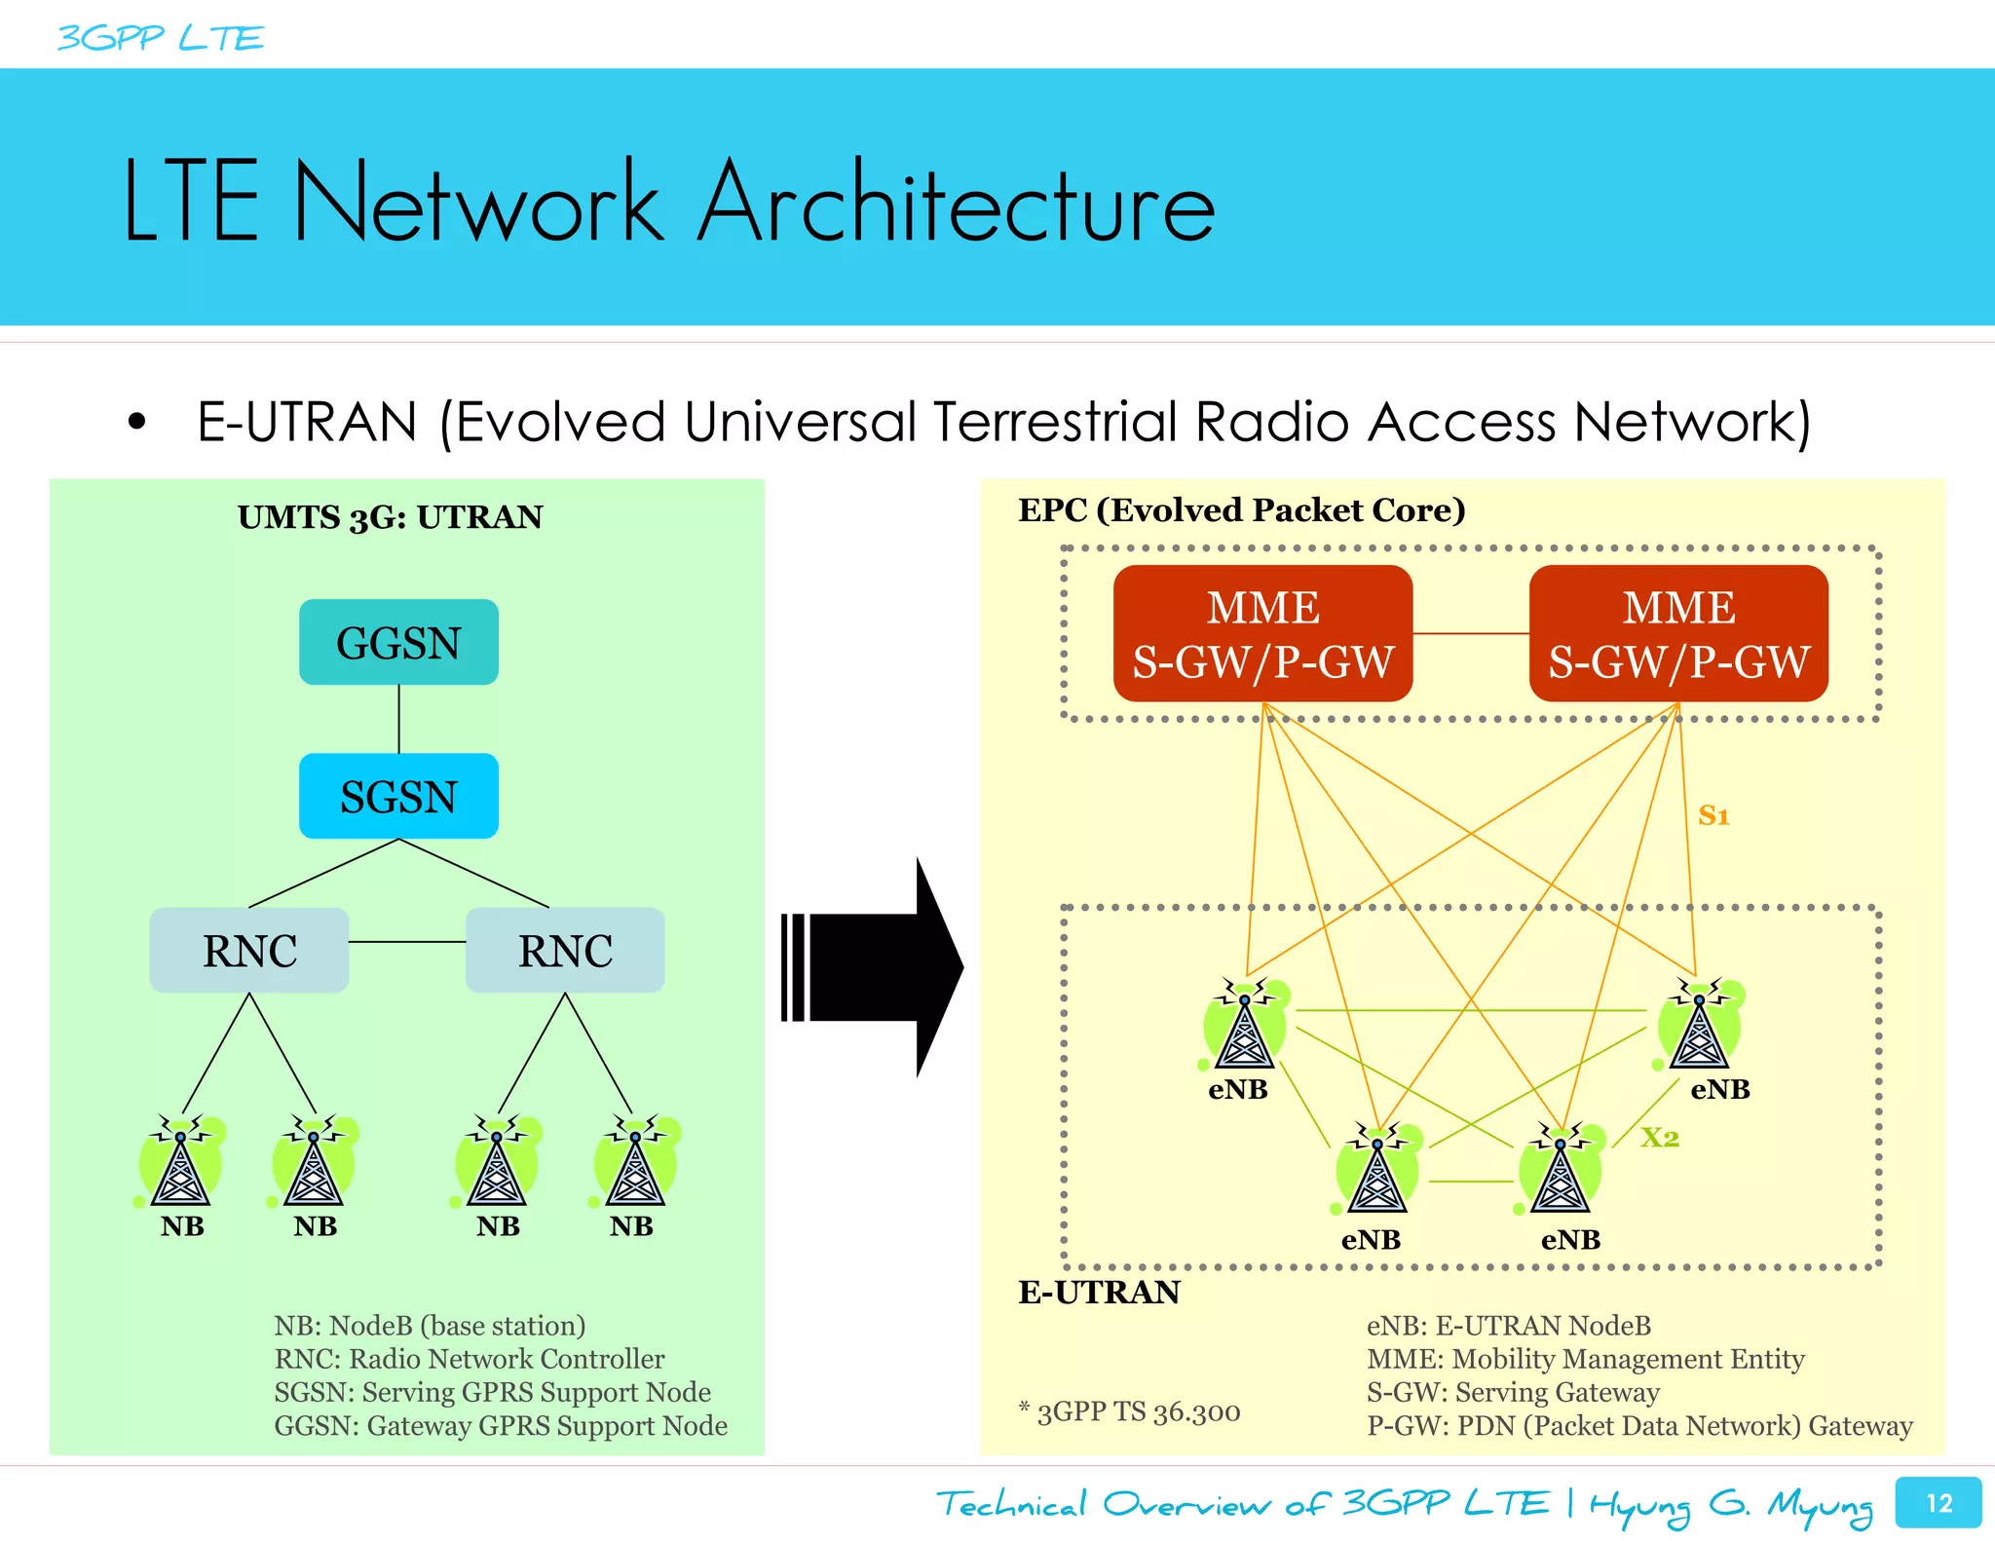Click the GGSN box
click(x=398, y=642)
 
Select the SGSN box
click(x=398, y=796)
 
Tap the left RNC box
click(x=249, y=950)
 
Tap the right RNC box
click(x=565, y=950)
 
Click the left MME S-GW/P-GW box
click(x=1262, y=633)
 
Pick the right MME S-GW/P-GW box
click(x=1678, y=633)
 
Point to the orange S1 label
click(x=1713, y=815)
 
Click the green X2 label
click(x=1660, y=1137)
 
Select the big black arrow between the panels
click(x=877, y=967)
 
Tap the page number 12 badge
click(x=1939, y=1503)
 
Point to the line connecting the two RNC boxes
click(x=407, y=942)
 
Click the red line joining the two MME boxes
click(x=1471, y=633)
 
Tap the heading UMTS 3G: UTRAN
click(x=390, y=516)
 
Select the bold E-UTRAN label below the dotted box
click(x=1099, y=1292)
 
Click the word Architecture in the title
click(x=958, y=203)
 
